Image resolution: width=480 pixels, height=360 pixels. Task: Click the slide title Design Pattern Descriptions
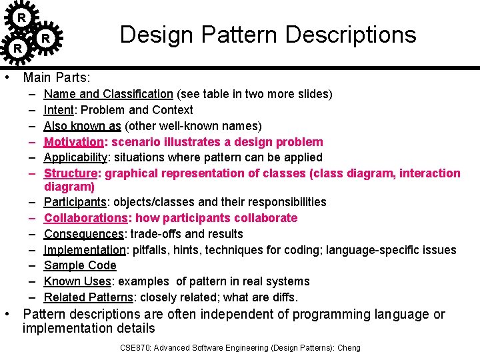pyautogui.click(x=267, y=35)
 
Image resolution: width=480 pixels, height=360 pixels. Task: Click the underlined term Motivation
pyautogui.click(x=73, y=142)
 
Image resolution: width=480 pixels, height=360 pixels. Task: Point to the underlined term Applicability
pyautogui.click(x=75, y=157)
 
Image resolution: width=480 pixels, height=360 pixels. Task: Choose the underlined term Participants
pyautogui.click(x=75, y=202)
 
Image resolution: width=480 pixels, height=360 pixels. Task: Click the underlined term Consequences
pyautogui.click(x=83, y=234)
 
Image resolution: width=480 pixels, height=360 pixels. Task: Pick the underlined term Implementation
pyautogui.click(x=85, y=250)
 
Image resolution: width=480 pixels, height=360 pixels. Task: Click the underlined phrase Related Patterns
pyautogui.click(x=88, y=297)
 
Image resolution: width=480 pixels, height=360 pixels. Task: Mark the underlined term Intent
pyautogui.click(x=58, y=110)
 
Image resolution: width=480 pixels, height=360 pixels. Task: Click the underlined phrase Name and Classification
pyautogui.click(x=108, y=94)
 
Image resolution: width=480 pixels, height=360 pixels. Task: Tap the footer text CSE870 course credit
pyautogui.click(x=240, y=347)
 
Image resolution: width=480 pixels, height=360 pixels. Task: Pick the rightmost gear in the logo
pyautogui.click(x=45, y=38)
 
